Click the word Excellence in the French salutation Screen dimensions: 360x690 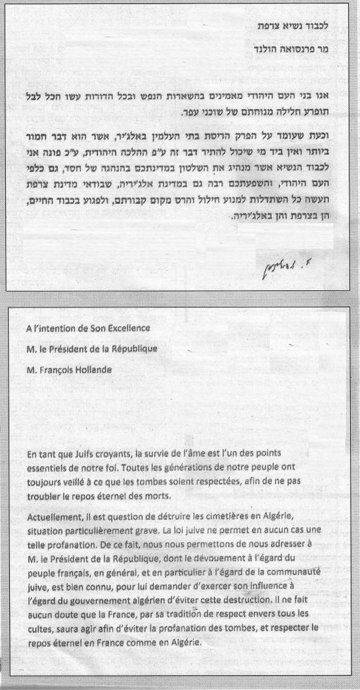point(127,326)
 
